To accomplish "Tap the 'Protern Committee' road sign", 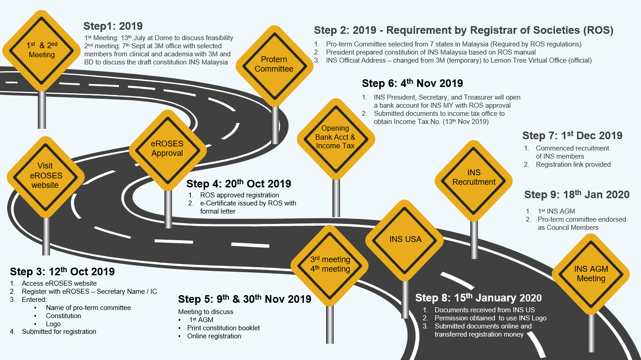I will pos(274,64).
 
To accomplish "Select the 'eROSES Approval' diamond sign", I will pos(168,148).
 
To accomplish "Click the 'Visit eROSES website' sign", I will pos(45,176).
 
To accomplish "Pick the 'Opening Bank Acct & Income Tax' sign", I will pos(336,137).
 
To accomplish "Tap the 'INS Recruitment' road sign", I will pos(474,178).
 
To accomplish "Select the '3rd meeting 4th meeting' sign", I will pos(330,264).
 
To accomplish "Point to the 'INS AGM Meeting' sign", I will pos(591,273).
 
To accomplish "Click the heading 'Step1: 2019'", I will pos(113,26).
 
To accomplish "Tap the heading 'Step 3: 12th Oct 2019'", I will pos(62,272).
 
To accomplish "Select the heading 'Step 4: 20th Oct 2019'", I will pos(239,184).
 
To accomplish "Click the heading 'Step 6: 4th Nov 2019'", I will pos(412,83).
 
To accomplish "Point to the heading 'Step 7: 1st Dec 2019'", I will pos(572,136).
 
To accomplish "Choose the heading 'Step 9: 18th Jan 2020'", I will pos(577,195).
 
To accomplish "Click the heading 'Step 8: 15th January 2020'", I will pos(478,298).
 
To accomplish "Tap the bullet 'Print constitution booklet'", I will pos(223,328).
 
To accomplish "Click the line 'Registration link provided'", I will pos(573,164).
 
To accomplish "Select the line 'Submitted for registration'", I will pos(59,332).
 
